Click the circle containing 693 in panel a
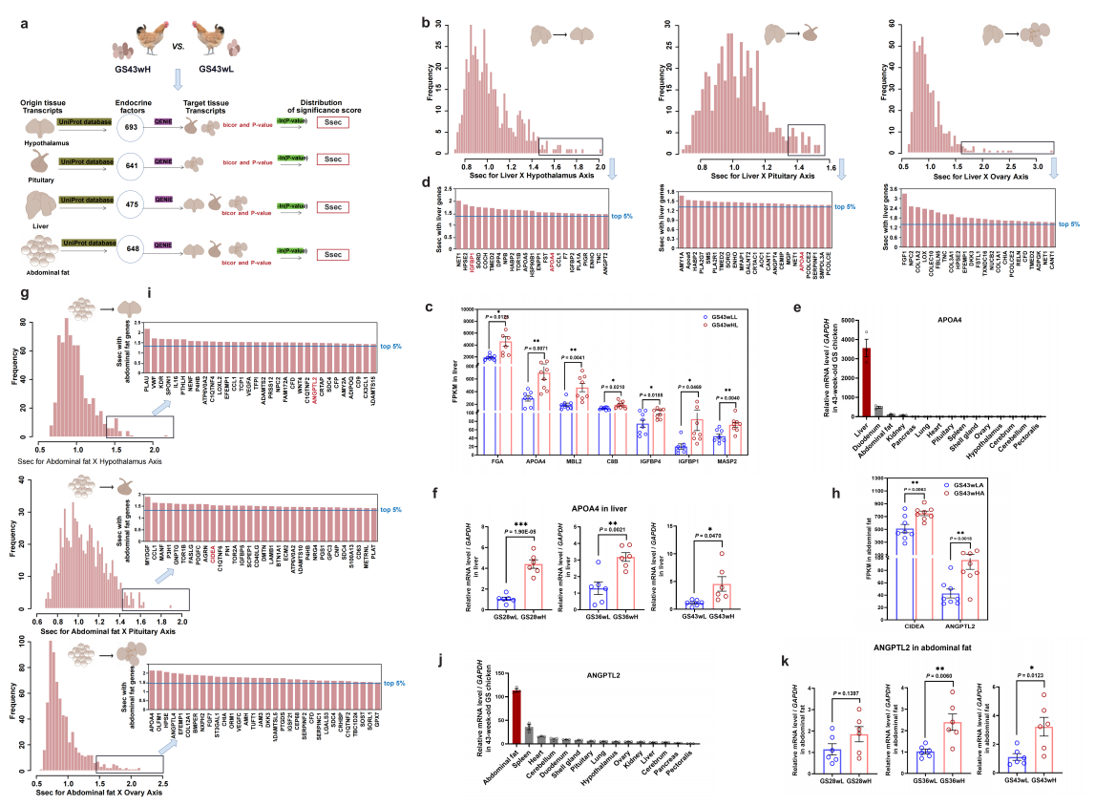130,128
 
